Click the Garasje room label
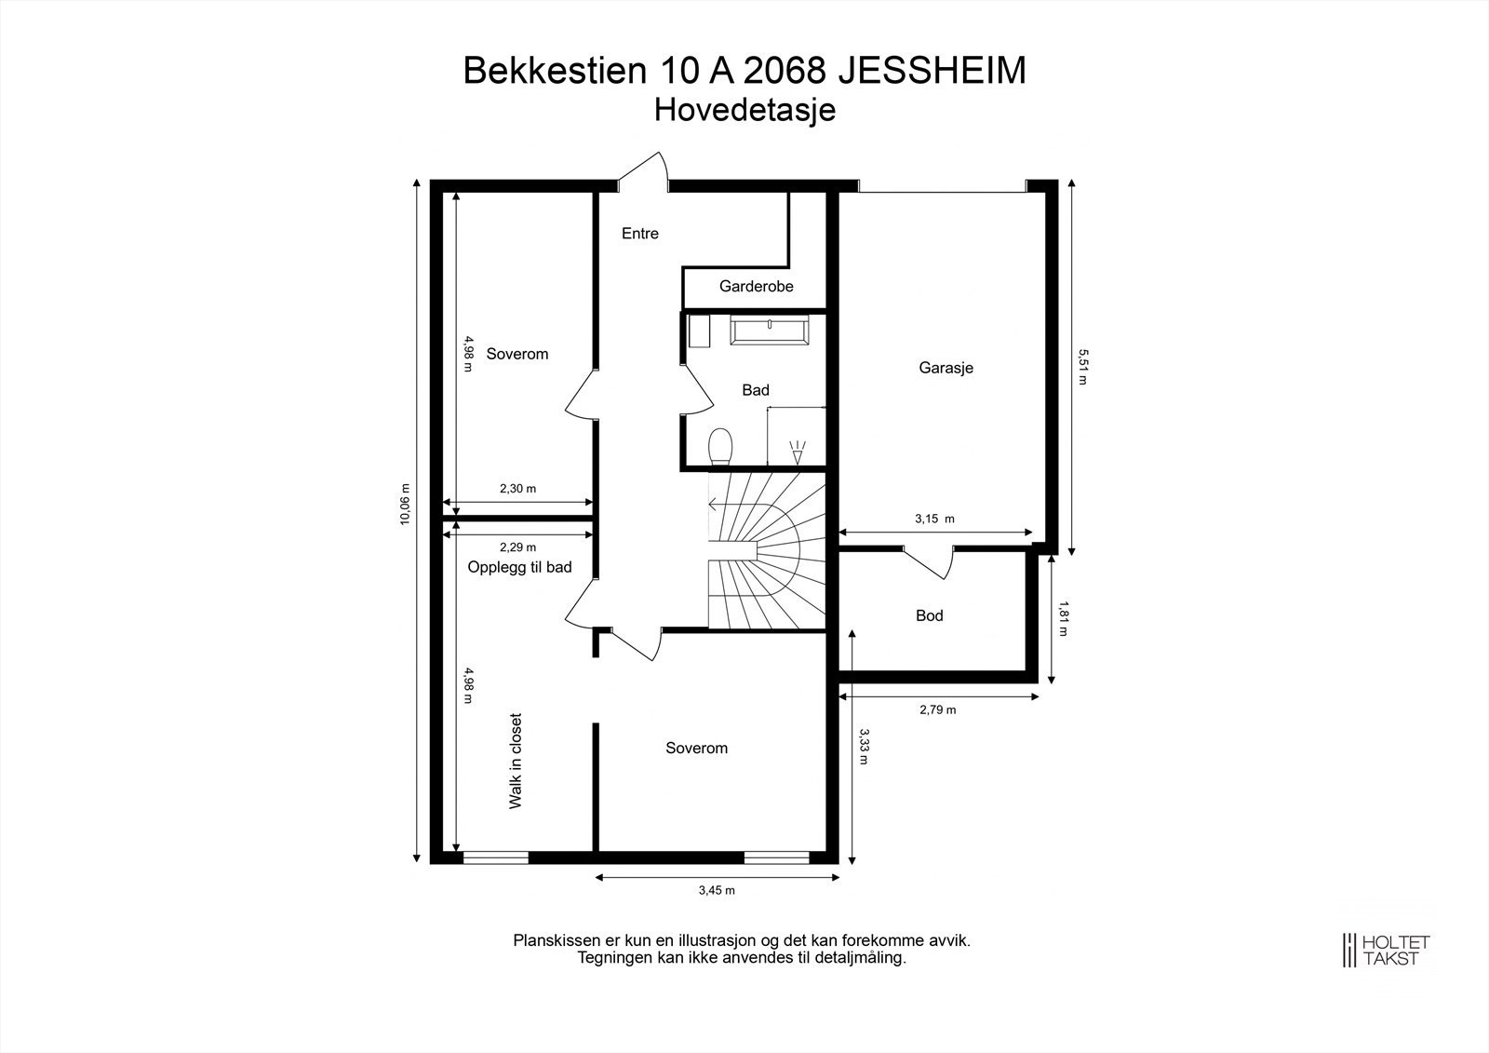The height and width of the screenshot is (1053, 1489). click(946, 368)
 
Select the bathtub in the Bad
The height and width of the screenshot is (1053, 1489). click(771, 330)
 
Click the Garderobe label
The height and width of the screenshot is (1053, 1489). click(756, 287)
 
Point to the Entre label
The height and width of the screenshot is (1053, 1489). click(640, 234)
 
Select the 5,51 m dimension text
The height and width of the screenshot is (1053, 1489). click(1081, 367)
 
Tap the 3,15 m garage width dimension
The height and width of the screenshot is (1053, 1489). click(934, 519)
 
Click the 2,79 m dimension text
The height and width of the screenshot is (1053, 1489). click(937, 709)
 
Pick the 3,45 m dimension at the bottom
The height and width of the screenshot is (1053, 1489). click(717, 890)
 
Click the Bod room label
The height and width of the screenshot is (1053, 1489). click(929, 615)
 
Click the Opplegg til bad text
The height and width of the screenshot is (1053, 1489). click(519, 567)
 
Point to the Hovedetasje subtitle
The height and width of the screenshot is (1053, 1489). click(744, 110)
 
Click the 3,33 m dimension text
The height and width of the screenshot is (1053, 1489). click(864, 746)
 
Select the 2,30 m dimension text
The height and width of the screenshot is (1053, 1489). click(517, 488)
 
